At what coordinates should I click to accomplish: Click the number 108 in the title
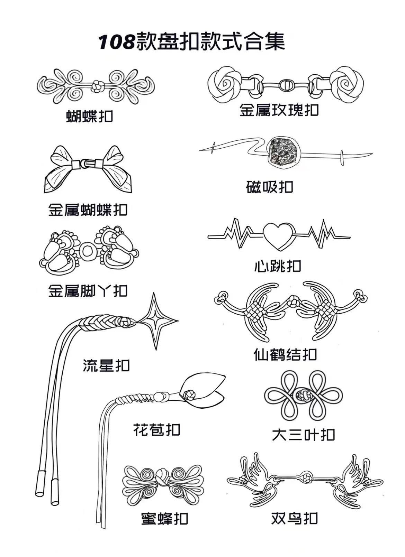(x=116, y=42)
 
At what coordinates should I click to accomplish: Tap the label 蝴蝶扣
(x=90, y=117)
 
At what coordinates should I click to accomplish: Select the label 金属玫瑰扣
(x=279, y=110)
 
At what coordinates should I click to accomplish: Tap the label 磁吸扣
(x=270, y=187)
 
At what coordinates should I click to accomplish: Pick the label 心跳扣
(x=278, y=267)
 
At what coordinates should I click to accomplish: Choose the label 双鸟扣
(x=295, y=518)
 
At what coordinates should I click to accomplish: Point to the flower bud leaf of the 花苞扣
(x=204, y=389)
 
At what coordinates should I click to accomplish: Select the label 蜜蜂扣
(x=165, y=519)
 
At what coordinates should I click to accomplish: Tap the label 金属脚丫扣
(x=88, y=291)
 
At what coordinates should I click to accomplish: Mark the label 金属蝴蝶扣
(x=88, y=210)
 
